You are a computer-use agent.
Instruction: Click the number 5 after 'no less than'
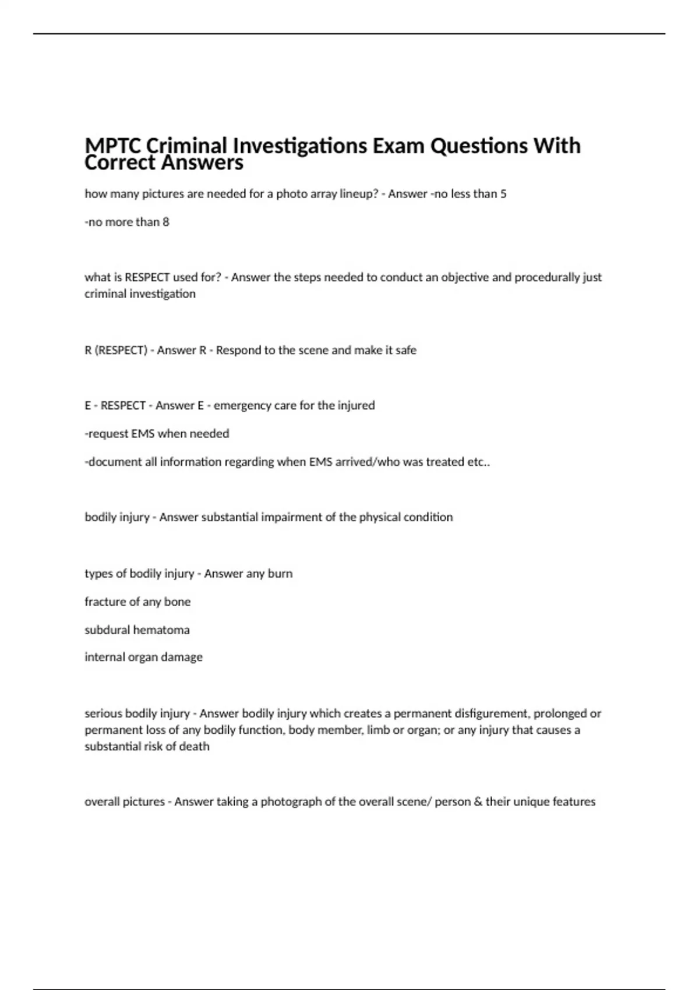click(x=503, y=194)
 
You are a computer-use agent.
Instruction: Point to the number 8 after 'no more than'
click(x=166, y=222)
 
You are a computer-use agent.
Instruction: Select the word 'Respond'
click(x=238, y=350)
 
